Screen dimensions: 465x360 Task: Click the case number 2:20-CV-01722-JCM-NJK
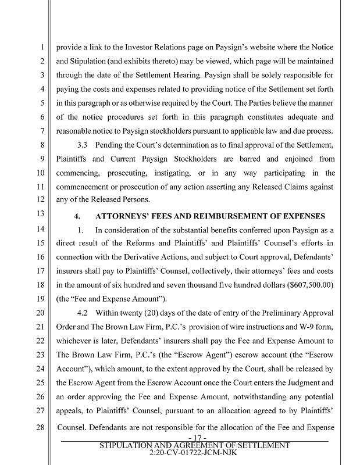(194, 452)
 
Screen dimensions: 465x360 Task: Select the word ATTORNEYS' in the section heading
(124, 215)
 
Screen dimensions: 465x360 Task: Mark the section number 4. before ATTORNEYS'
(77, 215)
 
